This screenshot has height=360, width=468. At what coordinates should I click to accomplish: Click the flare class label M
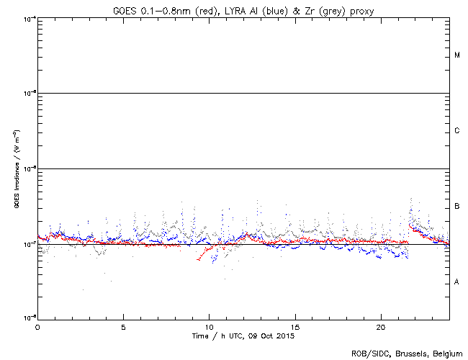[457, 55]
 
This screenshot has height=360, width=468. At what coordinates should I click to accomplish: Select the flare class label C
[457, 131]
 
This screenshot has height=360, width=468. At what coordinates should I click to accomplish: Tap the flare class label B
[457, 207]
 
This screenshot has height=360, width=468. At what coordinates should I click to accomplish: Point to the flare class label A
[457, 282]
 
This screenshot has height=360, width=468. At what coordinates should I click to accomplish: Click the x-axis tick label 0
[37, 327]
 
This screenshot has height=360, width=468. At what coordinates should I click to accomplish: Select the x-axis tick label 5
[123, 327]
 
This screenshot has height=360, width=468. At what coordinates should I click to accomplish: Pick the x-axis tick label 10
[209, 327]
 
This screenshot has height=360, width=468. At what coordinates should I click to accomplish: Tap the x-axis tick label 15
[295, 327]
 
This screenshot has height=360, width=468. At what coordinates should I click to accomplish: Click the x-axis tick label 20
[381, 327]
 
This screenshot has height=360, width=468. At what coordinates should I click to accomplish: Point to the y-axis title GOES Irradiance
[15, 169]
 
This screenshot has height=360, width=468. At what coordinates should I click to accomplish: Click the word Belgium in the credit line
[448, 354]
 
